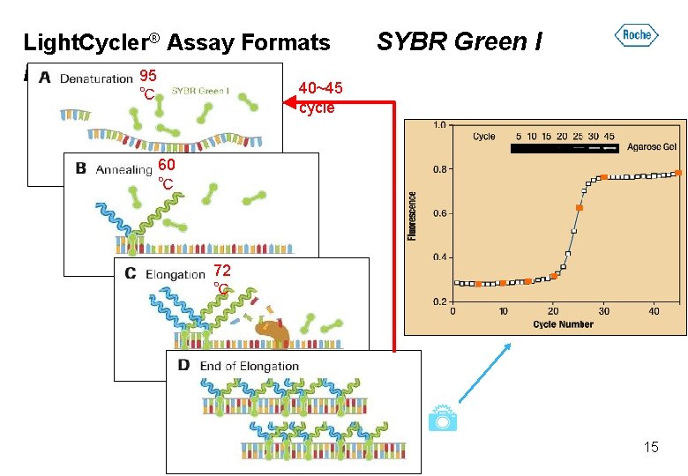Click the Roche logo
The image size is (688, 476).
[636, 35]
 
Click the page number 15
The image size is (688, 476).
[651, 447]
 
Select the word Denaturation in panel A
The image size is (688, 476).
[96, 78]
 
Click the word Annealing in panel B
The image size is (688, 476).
[124, 169]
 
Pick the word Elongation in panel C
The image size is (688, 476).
[175, 274]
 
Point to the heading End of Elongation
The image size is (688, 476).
[250, 366]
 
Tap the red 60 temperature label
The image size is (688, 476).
[167, 165]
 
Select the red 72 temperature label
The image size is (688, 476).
[222, 271]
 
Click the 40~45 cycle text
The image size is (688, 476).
[318, 98]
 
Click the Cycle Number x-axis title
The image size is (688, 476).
[563, 324]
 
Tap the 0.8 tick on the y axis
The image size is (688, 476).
[437, 169]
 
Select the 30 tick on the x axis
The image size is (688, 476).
[603, 310]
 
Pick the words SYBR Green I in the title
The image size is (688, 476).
[460, 41]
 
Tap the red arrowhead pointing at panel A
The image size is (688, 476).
[288, 103]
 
